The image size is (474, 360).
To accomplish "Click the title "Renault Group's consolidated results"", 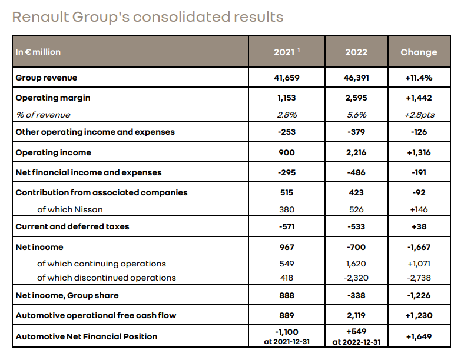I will pos(148,16).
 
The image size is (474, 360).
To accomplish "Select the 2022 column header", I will pos(356,52).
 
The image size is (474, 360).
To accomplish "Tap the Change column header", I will pos(419,52).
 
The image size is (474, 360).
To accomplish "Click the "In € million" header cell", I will pos(38,52).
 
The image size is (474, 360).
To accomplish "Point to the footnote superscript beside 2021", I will pos(299,49).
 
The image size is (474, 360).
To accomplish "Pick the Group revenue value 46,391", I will pos(356,78).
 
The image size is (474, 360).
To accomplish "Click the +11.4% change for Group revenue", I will pos(419,78).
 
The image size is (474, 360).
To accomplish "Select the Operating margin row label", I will pos(53,98).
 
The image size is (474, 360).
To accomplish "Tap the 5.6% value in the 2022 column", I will pos(356,115).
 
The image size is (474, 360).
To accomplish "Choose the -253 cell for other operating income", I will pos(287,132).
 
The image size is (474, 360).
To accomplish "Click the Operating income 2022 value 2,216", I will pos(356,152).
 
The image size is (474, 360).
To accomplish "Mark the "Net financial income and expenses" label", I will pos(88,172).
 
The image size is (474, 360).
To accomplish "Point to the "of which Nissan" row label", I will pos(66,209).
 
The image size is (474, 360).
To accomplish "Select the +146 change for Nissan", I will pos(419,209).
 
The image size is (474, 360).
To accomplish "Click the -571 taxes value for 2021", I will pos(287,226).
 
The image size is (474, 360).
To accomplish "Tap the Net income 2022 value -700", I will pos(356,247).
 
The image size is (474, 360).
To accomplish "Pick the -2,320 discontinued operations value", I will pos(356,278).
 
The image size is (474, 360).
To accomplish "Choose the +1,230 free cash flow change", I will pos(419,315).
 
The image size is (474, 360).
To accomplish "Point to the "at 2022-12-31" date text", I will pos(356,341).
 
